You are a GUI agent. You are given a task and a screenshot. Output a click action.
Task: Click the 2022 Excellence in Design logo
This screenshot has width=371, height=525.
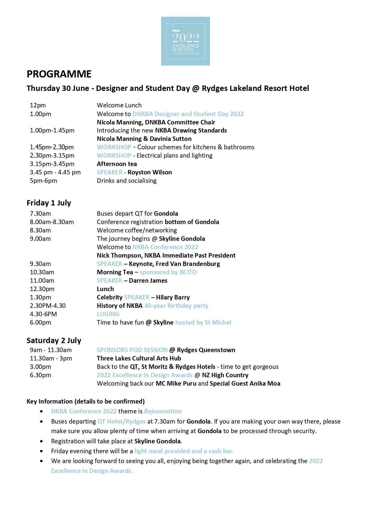185,41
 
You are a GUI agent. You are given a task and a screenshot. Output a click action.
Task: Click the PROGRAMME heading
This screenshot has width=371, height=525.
59,74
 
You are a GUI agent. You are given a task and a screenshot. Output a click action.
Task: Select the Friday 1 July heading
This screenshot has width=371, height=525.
49,203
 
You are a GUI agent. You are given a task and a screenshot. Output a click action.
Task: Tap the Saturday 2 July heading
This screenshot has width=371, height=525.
54,340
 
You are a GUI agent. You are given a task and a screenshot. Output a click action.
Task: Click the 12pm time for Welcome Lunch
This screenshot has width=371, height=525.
38,105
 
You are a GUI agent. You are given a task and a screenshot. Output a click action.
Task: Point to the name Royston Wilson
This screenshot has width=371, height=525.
149,172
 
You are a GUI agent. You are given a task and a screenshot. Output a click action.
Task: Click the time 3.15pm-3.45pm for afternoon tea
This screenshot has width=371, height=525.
52,164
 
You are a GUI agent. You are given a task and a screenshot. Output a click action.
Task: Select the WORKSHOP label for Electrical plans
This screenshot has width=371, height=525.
114,156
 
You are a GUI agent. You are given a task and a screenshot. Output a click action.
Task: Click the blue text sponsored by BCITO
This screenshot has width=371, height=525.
168,272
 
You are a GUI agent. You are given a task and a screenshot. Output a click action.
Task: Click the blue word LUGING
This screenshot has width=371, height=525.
108,314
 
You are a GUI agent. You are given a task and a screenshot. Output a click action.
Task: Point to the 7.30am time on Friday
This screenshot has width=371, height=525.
40,214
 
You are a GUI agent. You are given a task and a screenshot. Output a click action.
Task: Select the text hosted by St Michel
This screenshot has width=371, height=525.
203,322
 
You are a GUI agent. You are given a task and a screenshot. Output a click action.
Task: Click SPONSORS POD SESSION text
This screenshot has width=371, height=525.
132,350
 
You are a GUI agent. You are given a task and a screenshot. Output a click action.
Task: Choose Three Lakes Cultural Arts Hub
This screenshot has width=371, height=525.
139,358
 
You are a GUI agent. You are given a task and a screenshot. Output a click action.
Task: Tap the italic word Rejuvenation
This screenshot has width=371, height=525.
163,411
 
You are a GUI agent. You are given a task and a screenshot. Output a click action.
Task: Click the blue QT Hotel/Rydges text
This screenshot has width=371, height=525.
121,421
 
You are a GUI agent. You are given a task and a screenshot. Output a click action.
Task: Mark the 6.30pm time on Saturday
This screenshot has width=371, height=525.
40,375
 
